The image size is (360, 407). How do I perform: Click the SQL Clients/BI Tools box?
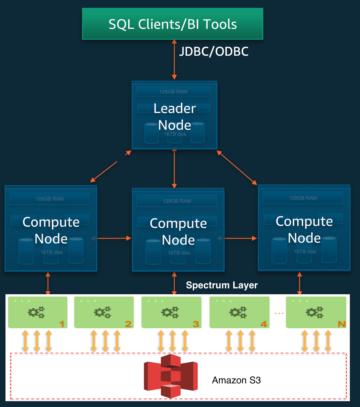[x=172, y=24]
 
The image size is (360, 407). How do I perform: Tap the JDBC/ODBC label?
[x=214, y=52]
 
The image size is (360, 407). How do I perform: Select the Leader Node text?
[x=175, y=116]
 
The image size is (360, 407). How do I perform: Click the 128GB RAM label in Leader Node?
[x=173, y=92]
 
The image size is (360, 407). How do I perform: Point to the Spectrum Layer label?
[x=222, y=285]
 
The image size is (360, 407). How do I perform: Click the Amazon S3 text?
[x=236, y=380]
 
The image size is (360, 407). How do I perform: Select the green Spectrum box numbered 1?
[x=37, y=312]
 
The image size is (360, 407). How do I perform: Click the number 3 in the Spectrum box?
[x=196, y=324]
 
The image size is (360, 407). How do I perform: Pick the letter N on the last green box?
[x=342, y=324]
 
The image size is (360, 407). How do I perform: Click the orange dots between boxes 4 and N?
[x=279, y=313]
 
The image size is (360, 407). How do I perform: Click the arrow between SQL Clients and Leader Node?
[x=174, y=60]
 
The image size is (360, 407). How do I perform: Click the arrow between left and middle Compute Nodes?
[x=114, y=238]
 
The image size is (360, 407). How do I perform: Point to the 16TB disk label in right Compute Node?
[x=305, y=252]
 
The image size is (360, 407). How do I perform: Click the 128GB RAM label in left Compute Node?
[x=49, y=199]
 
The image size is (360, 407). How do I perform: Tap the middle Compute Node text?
[x=178, y=232]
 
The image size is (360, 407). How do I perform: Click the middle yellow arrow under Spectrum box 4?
[x=240, y=341]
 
